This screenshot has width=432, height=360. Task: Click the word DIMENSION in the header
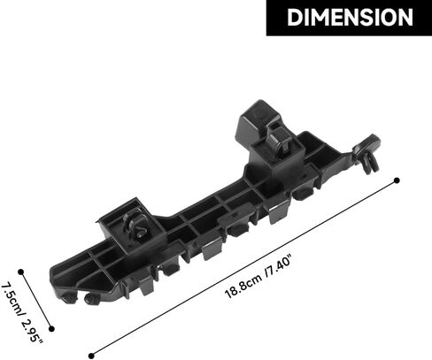coord(350,17)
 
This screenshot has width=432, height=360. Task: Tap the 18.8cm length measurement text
coord(243,286)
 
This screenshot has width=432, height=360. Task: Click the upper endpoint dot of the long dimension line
coord(397,180)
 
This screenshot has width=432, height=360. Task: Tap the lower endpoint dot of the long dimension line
coord(91,356)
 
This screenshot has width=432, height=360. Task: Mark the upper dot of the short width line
coord(20,272)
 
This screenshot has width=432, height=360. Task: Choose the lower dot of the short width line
coord(51,329)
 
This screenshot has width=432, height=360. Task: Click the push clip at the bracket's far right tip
coord(367,153)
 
